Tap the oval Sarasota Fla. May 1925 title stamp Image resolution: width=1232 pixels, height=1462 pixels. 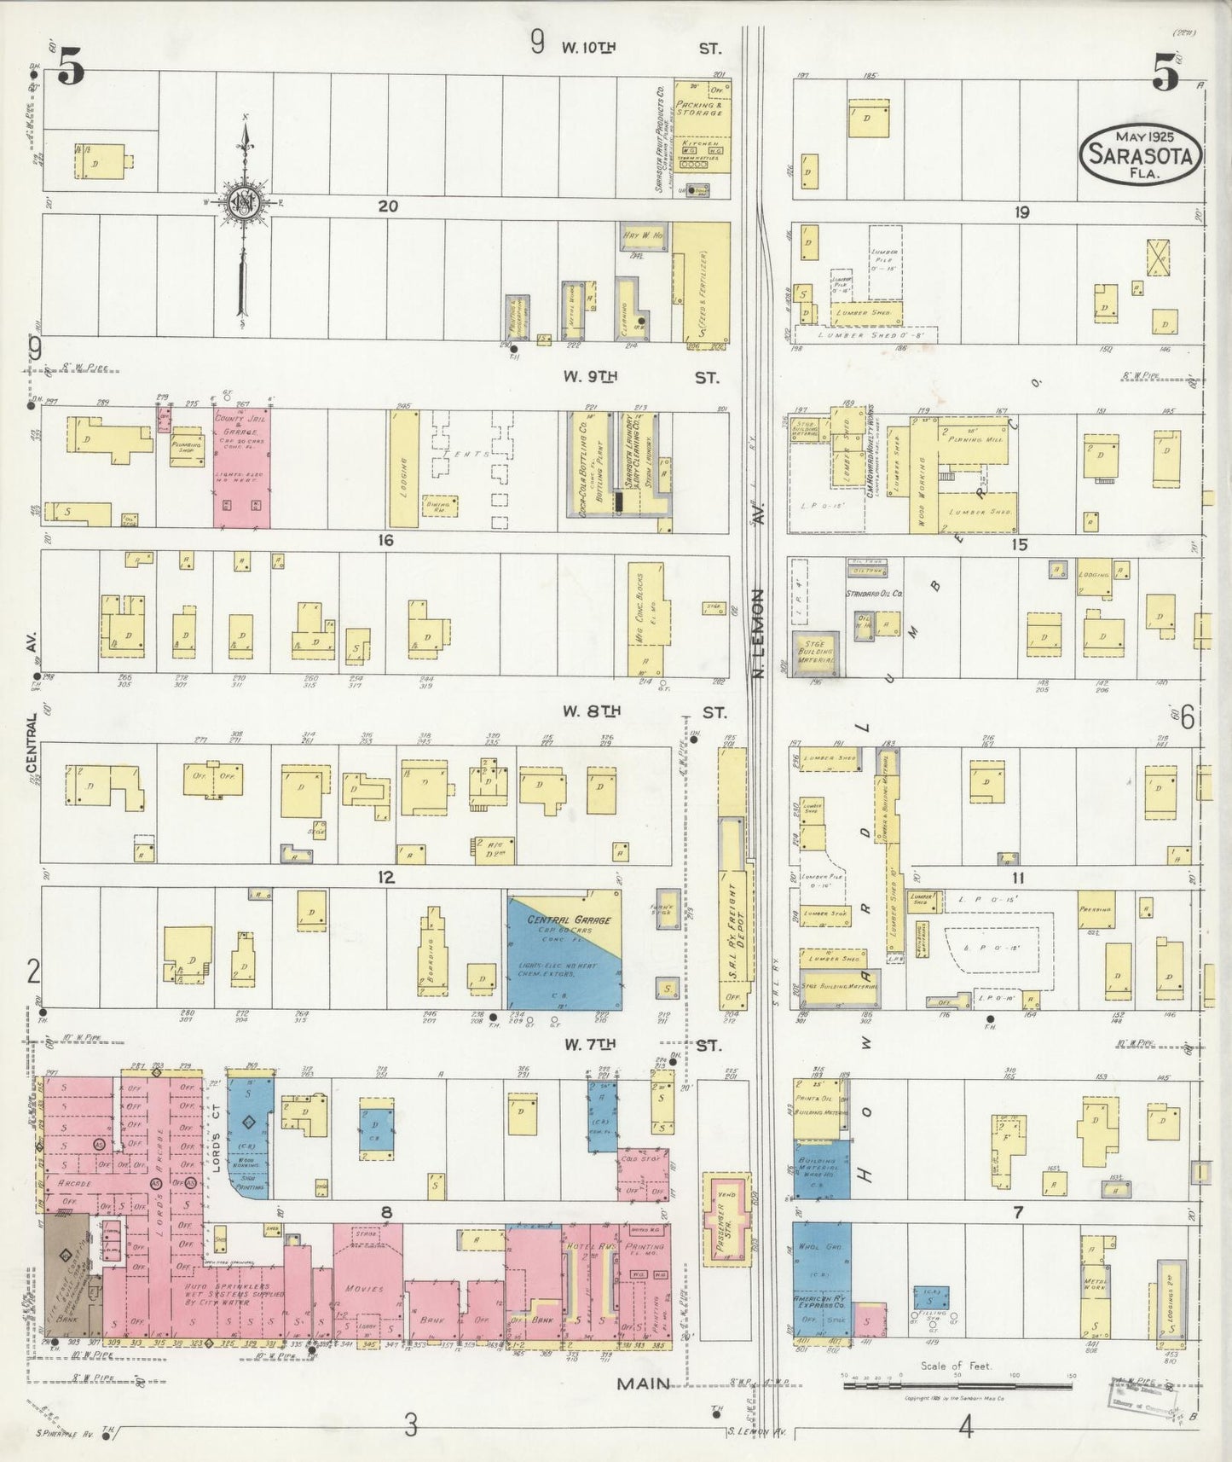coord(1141,154)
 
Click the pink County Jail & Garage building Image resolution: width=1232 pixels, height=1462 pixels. coord(241,467)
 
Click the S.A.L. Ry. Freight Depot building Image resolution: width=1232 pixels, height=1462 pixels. coord(733,913)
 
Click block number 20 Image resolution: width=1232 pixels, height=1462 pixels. coord(388,206)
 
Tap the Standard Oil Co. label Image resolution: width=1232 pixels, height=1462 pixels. coord(874,593)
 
